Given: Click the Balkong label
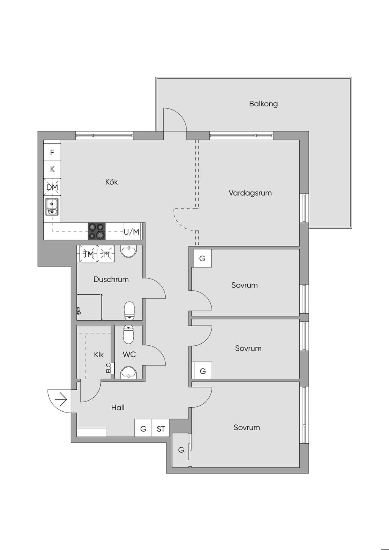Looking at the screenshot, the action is point(263,104).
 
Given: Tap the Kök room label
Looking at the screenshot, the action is point(111,182).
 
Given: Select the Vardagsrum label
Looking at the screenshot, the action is point(250,193).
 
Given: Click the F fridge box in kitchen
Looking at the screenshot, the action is point(52,152).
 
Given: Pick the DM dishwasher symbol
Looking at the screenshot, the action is point(52,187).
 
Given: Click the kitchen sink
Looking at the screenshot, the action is point(52,207).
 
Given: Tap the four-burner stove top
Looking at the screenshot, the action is point(97,231).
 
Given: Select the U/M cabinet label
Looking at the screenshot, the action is point(131,232).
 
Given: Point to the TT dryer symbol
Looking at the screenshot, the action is point(106,254).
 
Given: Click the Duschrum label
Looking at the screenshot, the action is point(111,279).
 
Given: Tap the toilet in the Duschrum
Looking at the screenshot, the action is point(130,311).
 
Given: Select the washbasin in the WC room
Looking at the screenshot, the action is point(129,373).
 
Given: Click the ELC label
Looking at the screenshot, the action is point(109,368).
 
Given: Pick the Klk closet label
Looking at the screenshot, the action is point(99,354).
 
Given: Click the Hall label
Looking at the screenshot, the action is point(118,408).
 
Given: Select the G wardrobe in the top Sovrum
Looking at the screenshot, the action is point(202,258).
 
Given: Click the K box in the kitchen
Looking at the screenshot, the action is point(52,169).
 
